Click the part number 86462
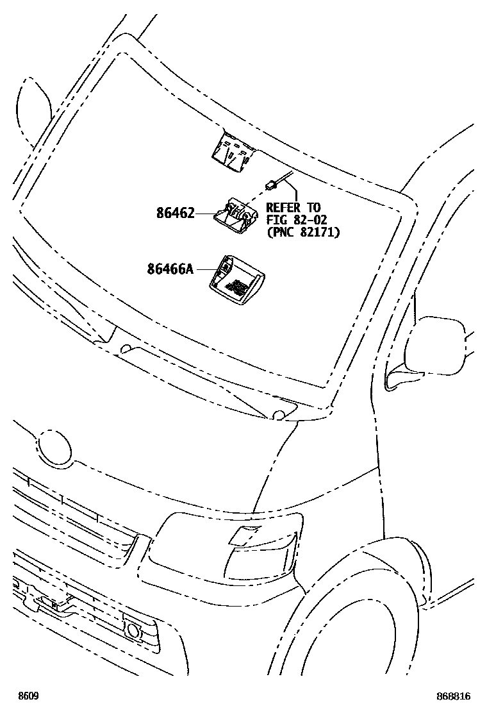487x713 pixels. (175, 213)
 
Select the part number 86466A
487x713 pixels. (170, 269)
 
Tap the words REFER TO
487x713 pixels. (293, 208)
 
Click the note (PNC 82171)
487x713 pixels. (302, 231)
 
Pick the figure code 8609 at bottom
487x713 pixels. (28, 696)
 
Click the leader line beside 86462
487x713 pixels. (205, 213)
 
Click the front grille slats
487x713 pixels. (70, 513)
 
